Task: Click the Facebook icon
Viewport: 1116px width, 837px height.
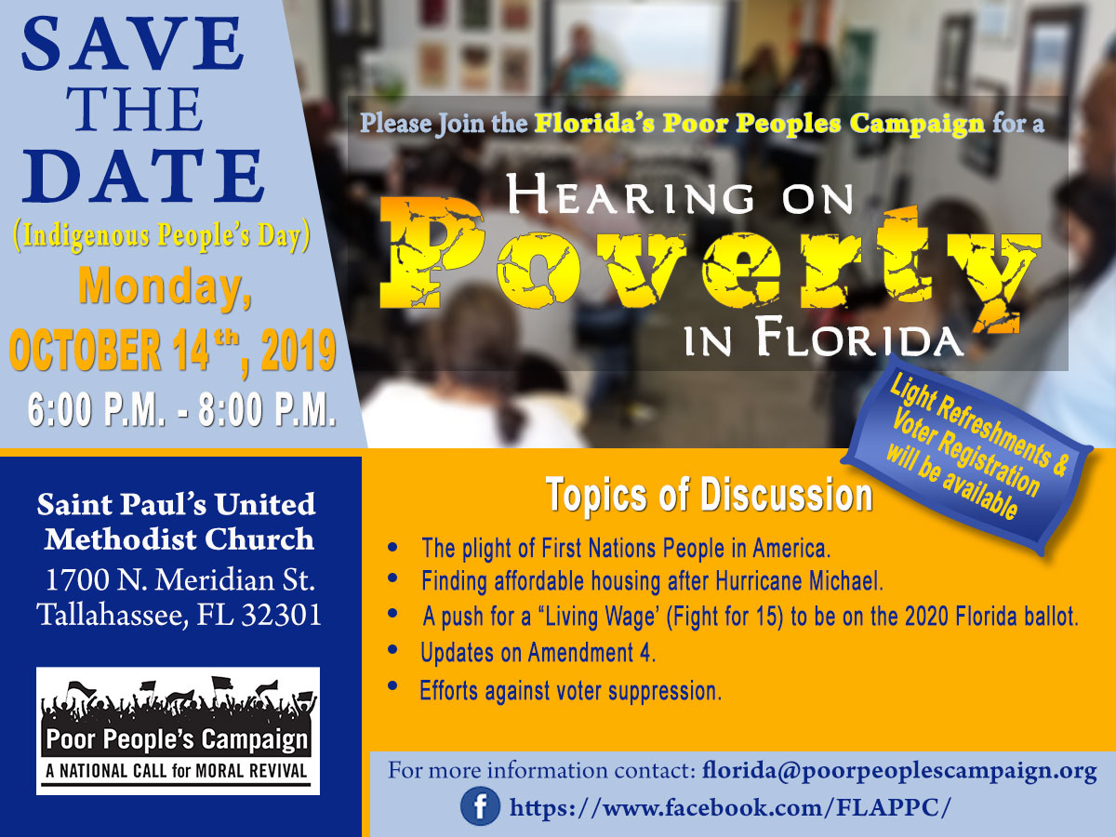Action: [x=480, y=806]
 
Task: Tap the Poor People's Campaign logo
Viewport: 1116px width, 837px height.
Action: [x=178, y=731]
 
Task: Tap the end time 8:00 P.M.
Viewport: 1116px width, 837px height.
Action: [x=269, y=410]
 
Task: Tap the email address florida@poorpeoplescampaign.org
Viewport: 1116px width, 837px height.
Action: [x=899, y=771]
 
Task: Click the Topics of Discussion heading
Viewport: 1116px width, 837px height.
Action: [x=709, y=496]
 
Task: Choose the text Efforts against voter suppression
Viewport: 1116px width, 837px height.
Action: [x=570, y=691]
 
